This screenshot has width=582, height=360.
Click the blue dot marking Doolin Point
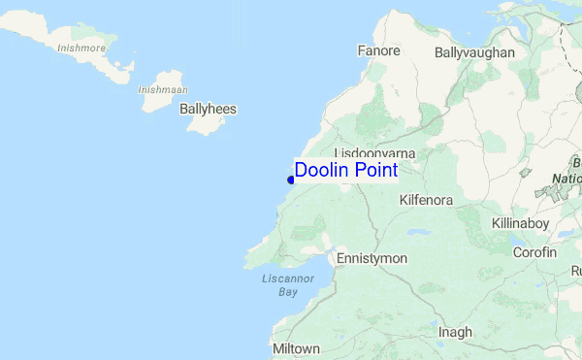pos(291,179)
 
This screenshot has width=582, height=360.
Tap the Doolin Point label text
pos(345,170)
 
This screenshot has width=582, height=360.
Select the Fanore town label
pos(378,50)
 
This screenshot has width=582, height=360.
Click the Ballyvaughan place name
pos(474,52)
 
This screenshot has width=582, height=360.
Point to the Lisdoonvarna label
pos(374,153)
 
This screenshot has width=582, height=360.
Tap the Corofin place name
pos(535,252)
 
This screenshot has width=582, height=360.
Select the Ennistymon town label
pos(372,259)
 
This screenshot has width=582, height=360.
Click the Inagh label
pos(454,332)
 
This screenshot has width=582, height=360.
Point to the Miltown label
pos(297,348)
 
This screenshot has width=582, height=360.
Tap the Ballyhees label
pos(208,110)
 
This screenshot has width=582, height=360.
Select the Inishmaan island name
pos(162,89)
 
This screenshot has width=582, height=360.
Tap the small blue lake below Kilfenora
pos(418,233)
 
